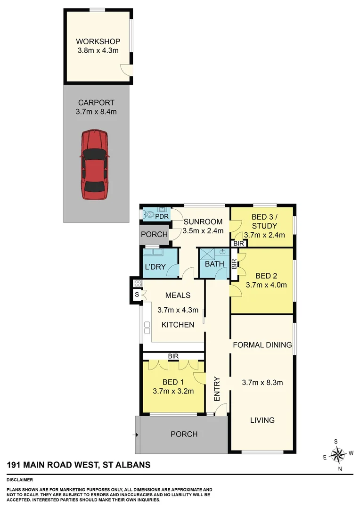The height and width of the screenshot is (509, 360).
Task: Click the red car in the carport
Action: [x=95, y=164]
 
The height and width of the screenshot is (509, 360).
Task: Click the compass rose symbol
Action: [x=338, y=454]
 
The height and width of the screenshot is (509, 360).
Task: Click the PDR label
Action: [x=162, y=217]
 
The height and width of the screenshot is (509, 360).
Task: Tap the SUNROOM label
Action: [x=203, y=222]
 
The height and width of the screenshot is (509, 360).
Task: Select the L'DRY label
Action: [x=155, y=267]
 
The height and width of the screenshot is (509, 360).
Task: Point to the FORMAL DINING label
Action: [x=262, y=345]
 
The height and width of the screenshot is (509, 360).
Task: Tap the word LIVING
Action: [x=262, y=420]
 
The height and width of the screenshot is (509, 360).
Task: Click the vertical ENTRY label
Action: [x=217, y=389]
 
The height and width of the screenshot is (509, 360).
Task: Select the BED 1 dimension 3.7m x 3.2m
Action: [x=173, y=391]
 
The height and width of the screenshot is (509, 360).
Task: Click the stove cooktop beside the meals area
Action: [x=138, y=284]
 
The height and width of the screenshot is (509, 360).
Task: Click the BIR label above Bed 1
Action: [x=173, y=356]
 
